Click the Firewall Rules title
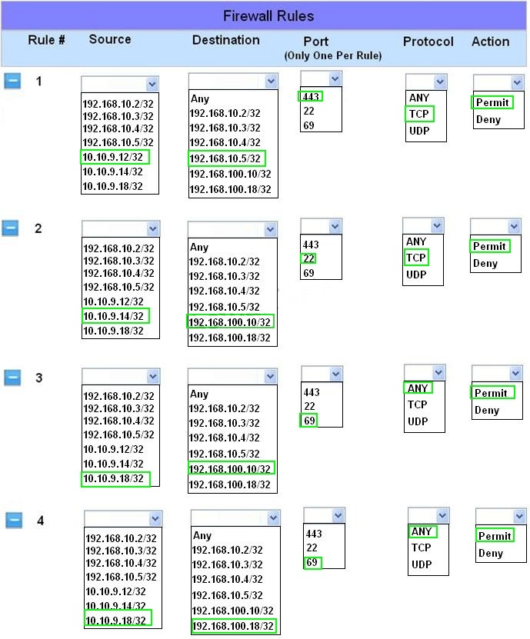click(268, 16)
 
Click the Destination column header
click(226, 40)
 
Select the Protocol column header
click(428, 42)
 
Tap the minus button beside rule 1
click(12, 81)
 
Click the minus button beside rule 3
click(12, 378)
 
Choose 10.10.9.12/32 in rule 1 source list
click(113, 157)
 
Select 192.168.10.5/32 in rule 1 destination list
click(225, 158)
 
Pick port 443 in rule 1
click(311, 97)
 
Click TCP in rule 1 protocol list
click(419, 114)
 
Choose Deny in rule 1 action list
click(488, 119)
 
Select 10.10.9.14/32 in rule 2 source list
click(114, 316)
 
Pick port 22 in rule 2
click(309, 258)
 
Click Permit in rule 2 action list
click(489, 246)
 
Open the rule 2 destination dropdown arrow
click(270, 229)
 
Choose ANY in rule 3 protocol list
click(418, 388)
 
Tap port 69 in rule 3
click(309, 420)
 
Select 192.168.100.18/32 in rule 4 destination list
click(233, 626)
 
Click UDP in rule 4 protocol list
click(422, 564)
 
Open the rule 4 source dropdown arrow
click(155, 518)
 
